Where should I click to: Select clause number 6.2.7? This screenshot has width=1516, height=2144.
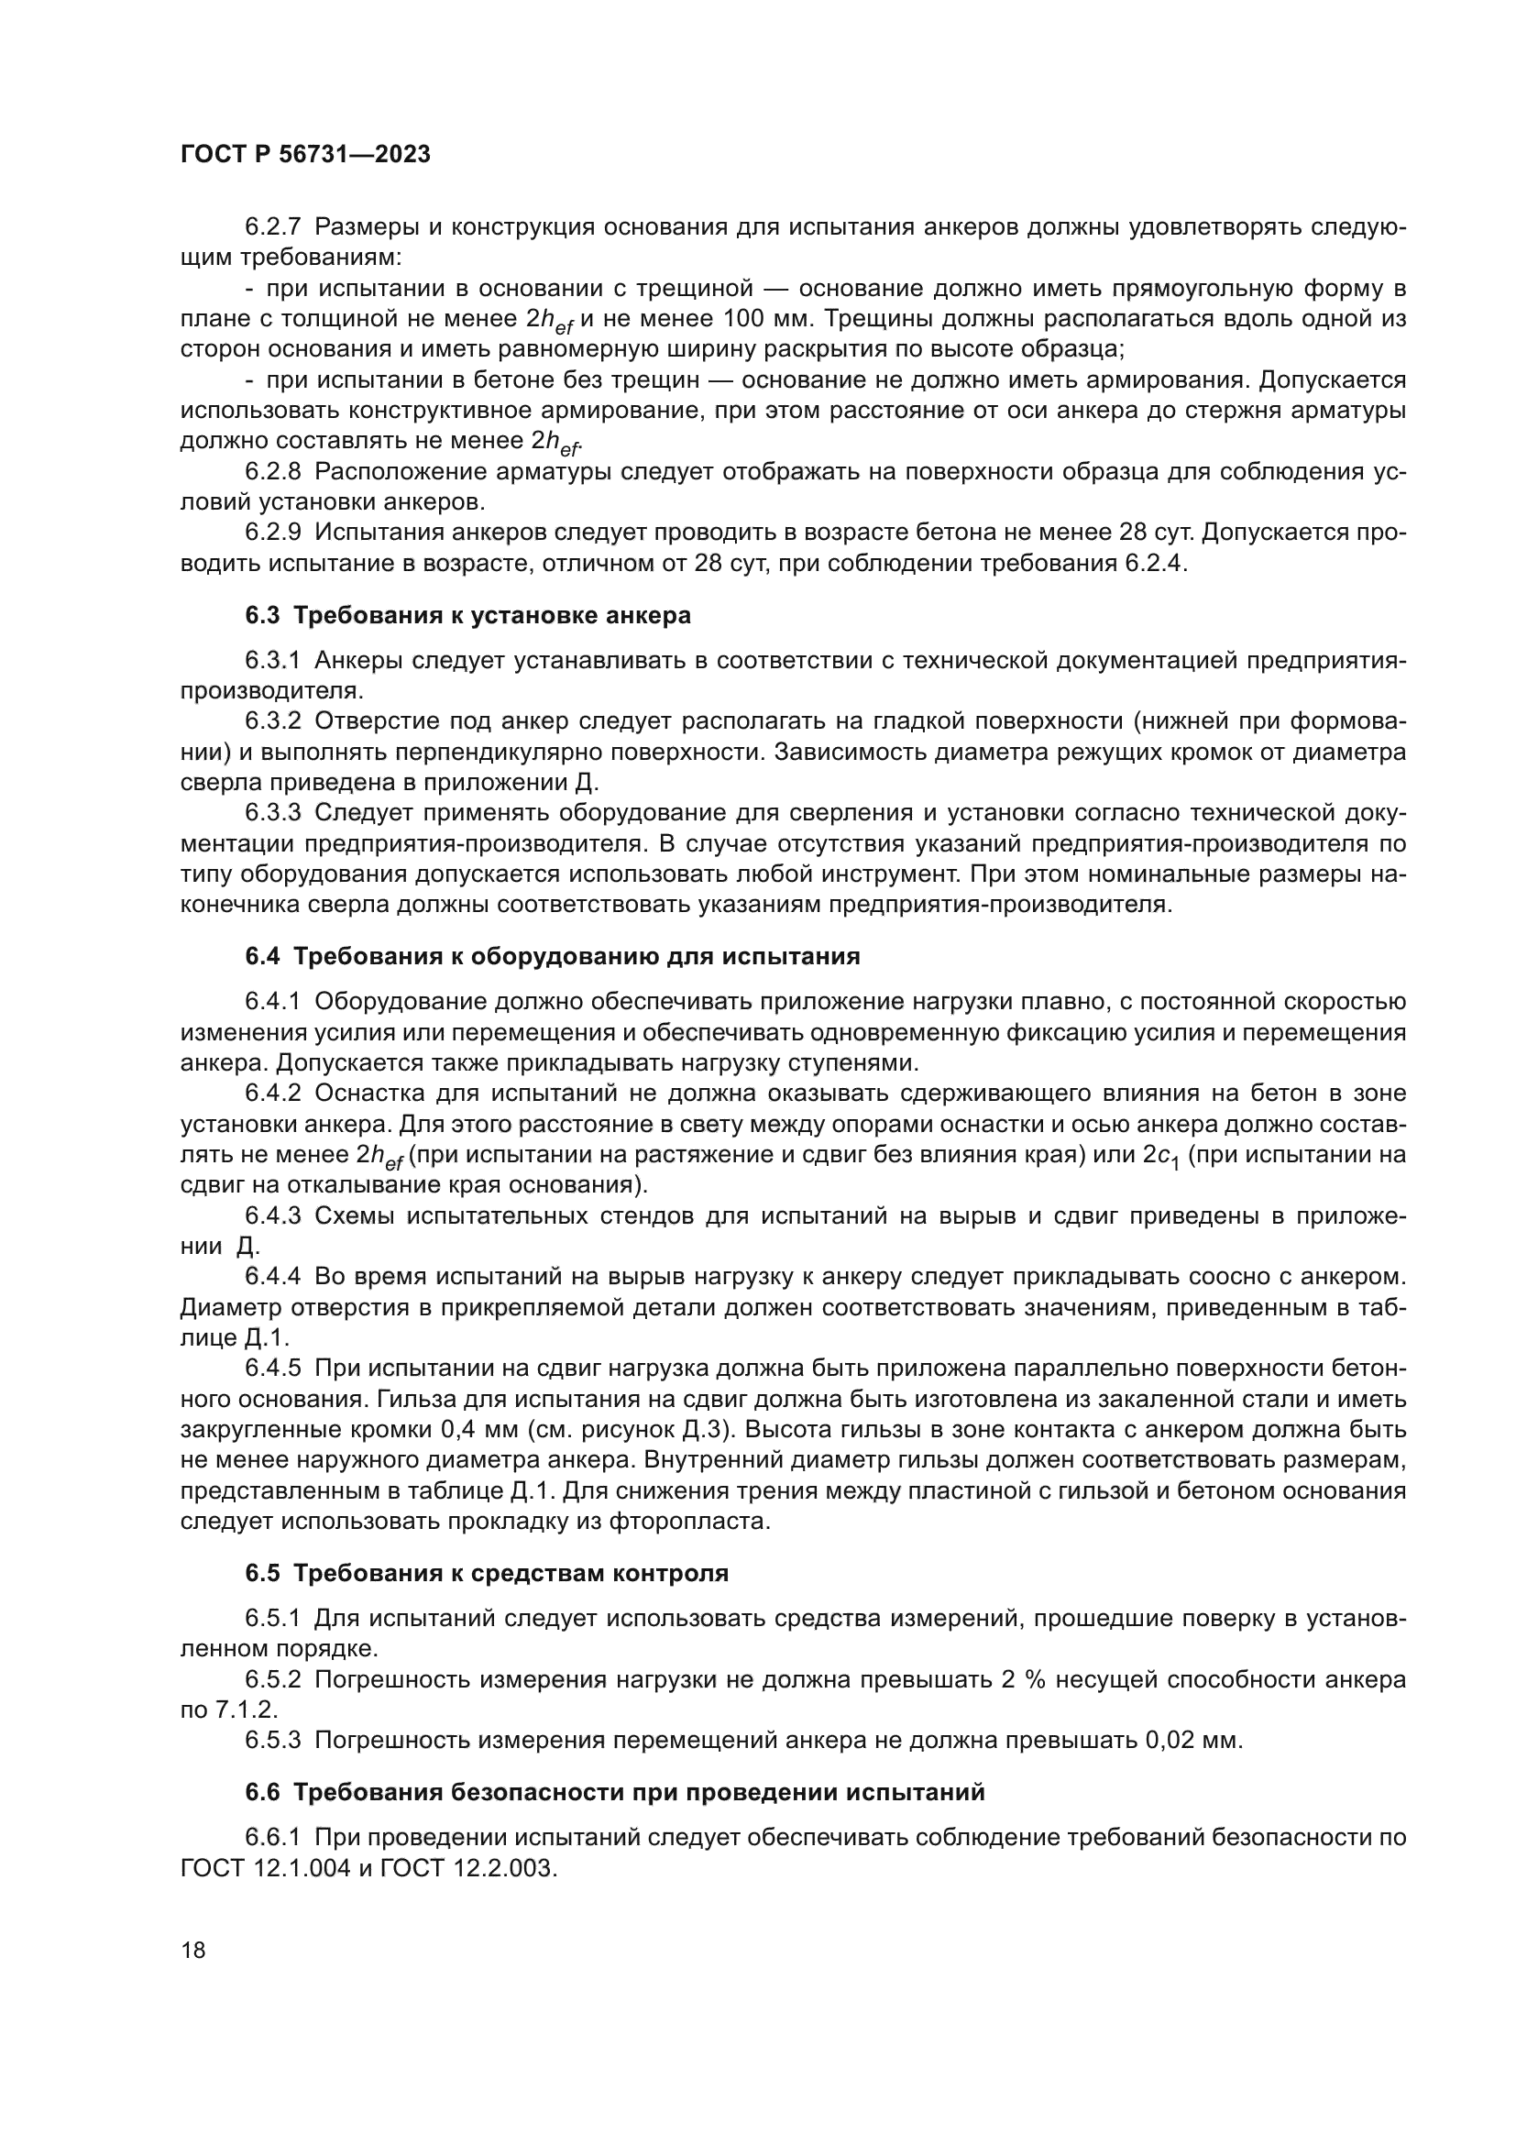pos(272,227)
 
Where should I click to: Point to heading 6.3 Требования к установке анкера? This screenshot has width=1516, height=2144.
pos(467,615)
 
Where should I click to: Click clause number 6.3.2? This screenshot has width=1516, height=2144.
pos(272,720)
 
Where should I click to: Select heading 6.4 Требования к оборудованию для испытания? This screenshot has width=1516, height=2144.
pos(552,956)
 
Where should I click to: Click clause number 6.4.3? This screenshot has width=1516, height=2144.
pos(272,1215)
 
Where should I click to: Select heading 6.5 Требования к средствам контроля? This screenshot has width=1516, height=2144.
pos(487,1574)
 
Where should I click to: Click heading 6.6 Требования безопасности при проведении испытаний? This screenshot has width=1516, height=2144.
pos(615,1793)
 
